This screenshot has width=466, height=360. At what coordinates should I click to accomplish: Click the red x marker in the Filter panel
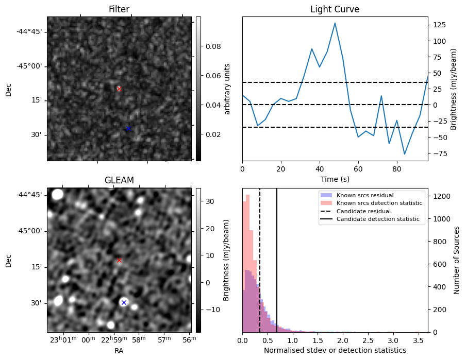(x=119, y=89)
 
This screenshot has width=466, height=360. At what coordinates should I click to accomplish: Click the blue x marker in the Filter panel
(x=128, y=128)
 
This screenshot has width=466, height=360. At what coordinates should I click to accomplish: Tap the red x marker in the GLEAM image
(x=119, y=260)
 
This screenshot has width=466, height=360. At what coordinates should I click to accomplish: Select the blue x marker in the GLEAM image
(x=124, y=302)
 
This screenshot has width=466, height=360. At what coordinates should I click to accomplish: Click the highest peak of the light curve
(x=335, y=23)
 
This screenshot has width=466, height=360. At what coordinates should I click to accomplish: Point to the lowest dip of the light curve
(x=405, y=153)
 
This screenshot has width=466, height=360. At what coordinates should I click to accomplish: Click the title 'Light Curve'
(x=335, y=9)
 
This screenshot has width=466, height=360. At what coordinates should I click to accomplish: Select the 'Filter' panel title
(x=119, y=9)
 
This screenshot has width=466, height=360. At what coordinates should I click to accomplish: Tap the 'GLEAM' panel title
(x=119, y=180)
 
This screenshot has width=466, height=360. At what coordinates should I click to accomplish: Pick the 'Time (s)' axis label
(x=335, y=178)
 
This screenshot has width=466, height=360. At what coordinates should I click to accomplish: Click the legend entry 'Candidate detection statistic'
(x=379, y=219)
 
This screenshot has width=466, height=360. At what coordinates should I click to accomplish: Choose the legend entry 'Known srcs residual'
(x=365, y=195)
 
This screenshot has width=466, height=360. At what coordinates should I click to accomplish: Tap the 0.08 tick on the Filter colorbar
(x=213, y=46)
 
